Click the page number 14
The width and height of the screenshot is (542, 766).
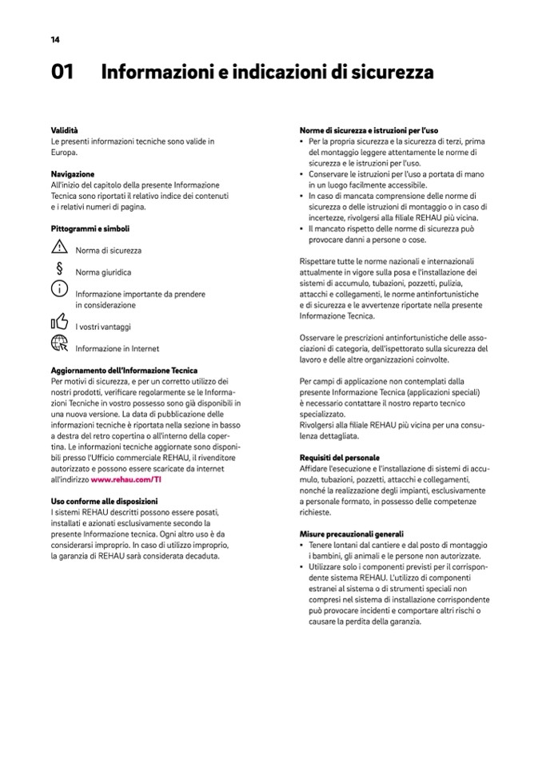[x=54, y=39]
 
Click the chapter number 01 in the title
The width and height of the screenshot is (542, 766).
[x=62, y=73]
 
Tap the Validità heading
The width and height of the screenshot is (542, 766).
[x=65, y=129]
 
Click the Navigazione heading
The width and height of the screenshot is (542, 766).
[x=73, y=174]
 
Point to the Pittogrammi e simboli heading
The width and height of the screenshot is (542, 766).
[x=90, y=228]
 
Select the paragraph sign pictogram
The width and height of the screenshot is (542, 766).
[x=59, y=270]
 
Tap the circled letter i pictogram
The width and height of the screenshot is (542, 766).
[x=60, y=292]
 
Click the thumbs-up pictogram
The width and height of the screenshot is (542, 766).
[x=60, y=323]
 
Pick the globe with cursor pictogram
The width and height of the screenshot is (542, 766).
[x=60, y=344]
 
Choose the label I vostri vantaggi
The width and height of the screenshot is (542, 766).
[x=103, y=327]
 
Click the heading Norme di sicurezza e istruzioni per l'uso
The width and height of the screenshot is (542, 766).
[x=369, y=130]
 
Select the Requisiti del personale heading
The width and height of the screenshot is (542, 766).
[x=339, y=457]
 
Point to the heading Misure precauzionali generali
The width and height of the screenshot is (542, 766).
[x=351, y=534]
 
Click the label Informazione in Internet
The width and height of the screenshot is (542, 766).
[x=117, y=348]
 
